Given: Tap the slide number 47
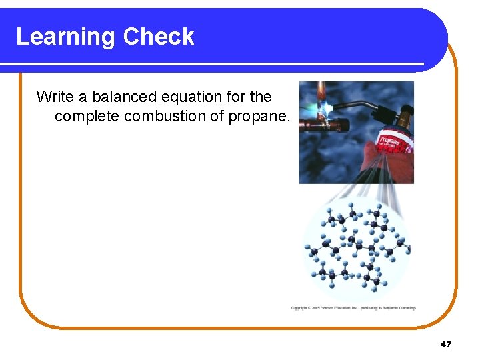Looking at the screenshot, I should [446, 344].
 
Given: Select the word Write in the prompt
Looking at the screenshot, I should [55, 97].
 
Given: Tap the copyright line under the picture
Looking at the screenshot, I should [353, 307].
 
